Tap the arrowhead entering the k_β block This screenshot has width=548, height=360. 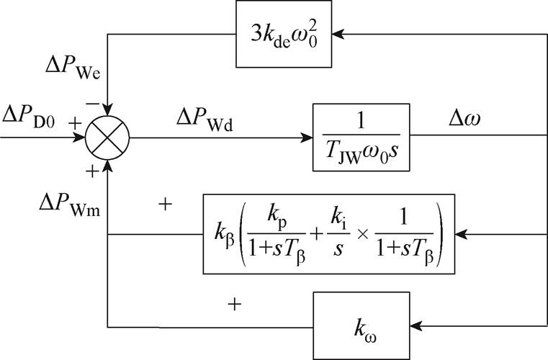(462, 233)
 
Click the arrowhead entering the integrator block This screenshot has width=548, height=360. (307, 137)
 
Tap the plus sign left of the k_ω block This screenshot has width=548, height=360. (233, 305)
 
